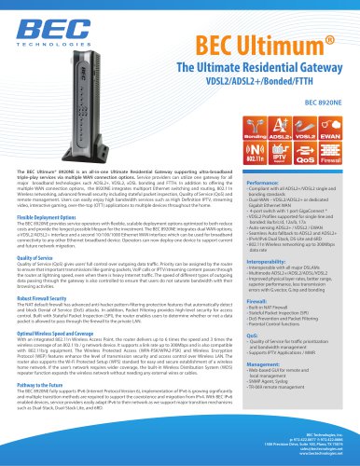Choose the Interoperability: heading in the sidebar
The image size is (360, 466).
tap(252, 262)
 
